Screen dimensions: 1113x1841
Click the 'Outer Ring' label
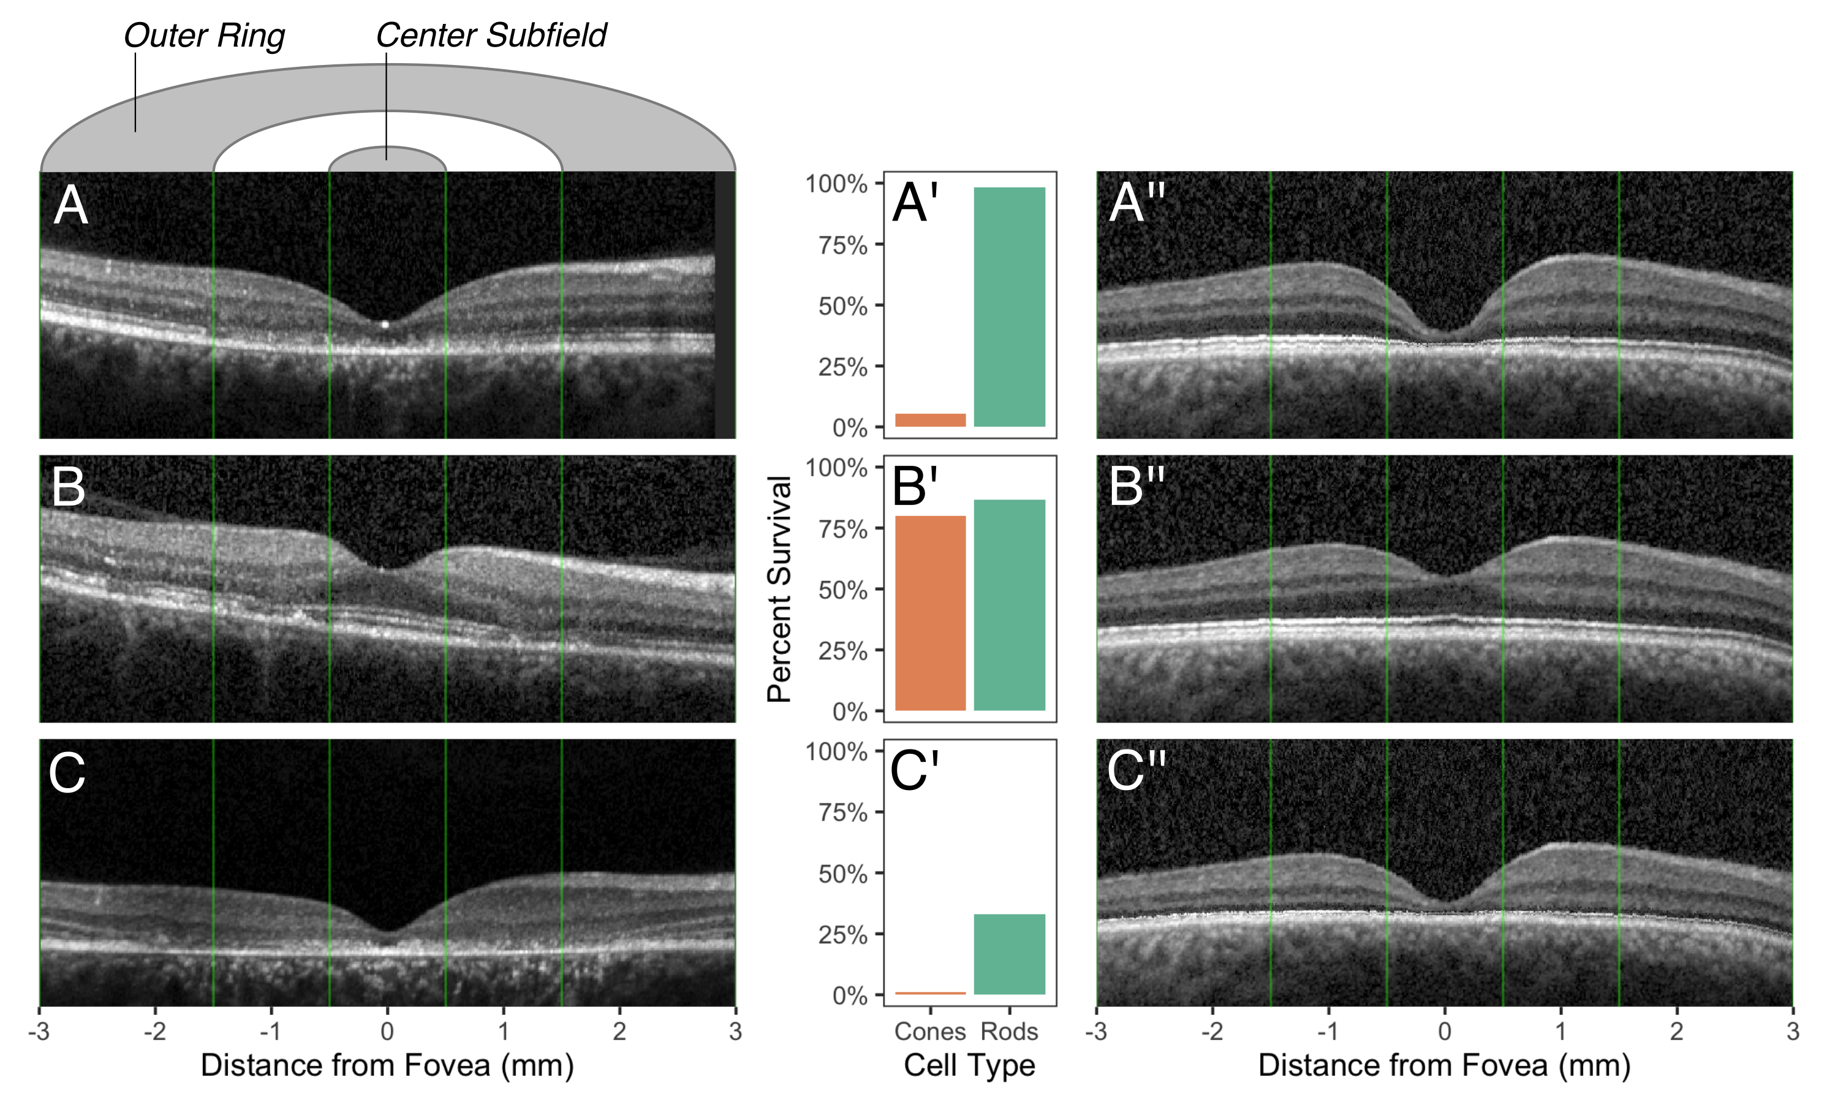point(204,36)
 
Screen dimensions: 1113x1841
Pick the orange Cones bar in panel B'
point(930,613)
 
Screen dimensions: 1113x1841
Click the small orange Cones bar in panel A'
point(930,420)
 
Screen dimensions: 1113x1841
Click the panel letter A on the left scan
point(71,205)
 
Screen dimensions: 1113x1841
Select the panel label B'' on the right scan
point(1136,487)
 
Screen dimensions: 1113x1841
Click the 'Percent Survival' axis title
point(779,589)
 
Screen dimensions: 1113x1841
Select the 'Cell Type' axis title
point(969,1065)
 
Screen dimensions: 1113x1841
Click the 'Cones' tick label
point(930,1031)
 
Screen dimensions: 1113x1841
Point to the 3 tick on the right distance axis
point(1792,1031)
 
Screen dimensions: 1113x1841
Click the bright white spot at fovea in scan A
point(385,324)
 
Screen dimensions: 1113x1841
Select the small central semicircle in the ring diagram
point(387,160)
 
